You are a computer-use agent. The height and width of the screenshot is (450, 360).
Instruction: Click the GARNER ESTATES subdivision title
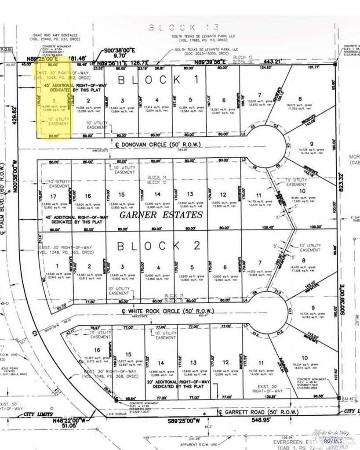(161, 215)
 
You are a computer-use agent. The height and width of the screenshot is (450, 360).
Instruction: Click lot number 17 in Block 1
(54, 196)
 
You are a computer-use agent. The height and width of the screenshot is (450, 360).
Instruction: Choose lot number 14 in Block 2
(161, 363)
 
